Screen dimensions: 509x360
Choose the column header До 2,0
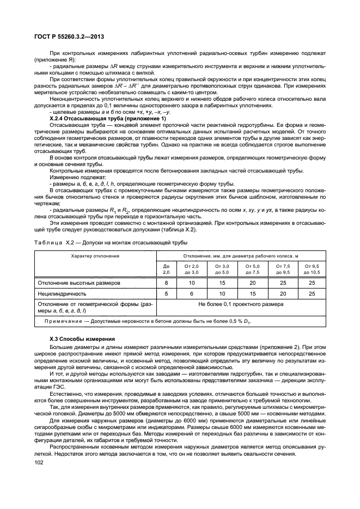[167, 268]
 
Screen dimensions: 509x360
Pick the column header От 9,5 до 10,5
[312, 268]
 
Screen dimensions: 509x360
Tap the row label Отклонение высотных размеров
[78, 283]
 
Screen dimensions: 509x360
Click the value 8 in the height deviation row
[167, 283]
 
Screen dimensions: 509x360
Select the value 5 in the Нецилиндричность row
[167, 293]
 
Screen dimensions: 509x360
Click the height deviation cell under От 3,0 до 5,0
[222, 283]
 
